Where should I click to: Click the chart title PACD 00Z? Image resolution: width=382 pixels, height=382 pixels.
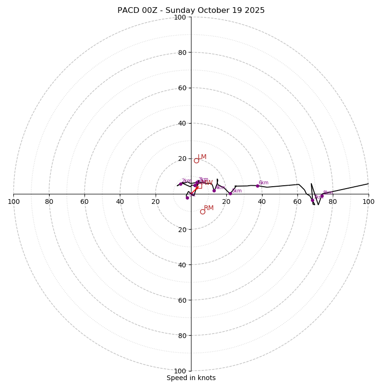coord(191,11)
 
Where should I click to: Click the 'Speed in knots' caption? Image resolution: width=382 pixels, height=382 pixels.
coord(191,378)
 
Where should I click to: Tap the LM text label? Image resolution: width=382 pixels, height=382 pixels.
coord(202,157)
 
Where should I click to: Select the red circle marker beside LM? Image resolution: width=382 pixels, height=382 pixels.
coord(196,160)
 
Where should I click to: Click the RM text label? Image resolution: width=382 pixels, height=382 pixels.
coord(209,208)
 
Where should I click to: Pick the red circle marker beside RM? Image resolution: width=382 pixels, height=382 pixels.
coord(202,212)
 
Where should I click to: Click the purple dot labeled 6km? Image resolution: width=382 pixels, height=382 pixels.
coord(257,186)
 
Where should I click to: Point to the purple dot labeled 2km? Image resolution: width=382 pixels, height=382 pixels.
coord(180,184)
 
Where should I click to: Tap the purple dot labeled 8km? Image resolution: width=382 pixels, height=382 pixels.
coord(322,196)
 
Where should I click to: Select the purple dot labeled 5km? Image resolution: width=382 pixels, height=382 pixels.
coord(230,193)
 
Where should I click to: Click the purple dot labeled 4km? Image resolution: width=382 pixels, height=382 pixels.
coord(214,191)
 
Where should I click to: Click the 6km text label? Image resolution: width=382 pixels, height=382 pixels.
coord(264,183)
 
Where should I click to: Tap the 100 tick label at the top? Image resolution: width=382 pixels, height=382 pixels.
coord(180,17)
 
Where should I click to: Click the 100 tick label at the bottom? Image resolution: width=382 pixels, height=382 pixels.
coord(180,371)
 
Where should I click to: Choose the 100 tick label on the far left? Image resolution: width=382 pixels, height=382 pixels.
coord(14,202)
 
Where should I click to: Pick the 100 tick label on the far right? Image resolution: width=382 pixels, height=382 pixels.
coord(368,202)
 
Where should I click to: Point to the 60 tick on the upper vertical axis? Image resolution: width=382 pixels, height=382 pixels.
coord(182,88)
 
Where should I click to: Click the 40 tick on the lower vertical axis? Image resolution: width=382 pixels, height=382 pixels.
coord(182,265)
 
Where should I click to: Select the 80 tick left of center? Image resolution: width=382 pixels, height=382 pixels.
coord(49,202)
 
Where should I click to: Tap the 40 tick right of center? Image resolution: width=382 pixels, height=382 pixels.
coord(262,202)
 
